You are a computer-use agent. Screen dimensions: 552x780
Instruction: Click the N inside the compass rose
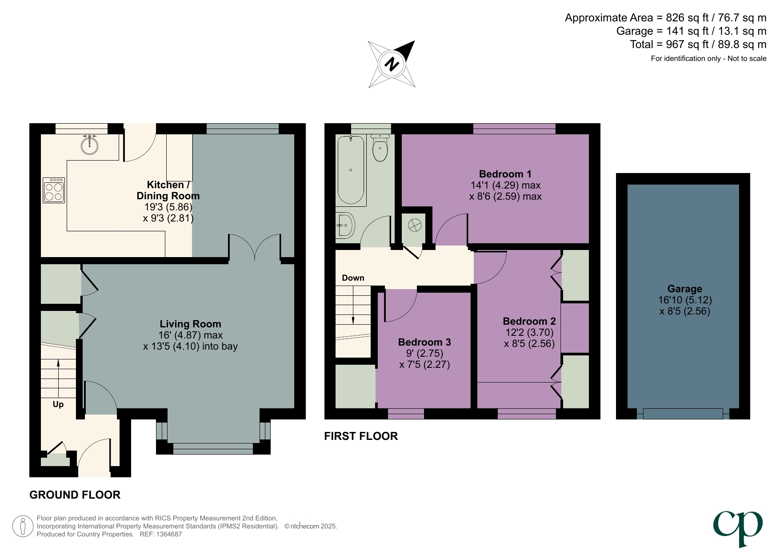pos(392,64)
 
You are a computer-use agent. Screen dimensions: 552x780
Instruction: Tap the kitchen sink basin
pos(90,145)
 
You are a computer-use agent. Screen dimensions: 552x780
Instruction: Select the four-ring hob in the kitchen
pos(54,190)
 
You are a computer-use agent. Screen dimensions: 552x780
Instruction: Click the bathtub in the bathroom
pos(351,170)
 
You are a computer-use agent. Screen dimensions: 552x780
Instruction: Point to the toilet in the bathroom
pos(380,149)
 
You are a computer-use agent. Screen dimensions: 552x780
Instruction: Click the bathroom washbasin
pos(345,226)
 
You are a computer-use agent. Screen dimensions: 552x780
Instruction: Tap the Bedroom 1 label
pos(505,174)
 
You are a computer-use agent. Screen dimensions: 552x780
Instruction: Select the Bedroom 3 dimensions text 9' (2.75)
pos(424,353)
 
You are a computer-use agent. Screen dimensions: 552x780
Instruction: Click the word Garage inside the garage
pos(684,289)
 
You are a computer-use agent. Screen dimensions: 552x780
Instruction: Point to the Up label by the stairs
pos(58,404)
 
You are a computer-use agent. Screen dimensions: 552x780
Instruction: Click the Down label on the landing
pos(353,278)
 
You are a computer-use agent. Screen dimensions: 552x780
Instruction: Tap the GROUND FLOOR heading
pos(75,495)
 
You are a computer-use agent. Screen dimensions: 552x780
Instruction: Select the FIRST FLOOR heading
pos(361,436)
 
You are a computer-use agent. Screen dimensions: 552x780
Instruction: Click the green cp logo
pos(738,527)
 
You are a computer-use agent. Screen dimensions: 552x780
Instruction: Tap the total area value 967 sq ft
pos(687,44)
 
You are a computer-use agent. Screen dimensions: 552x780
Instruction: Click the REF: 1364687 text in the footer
pos(160,534)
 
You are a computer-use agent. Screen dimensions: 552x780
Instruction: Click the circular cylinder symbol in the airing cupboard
pos(414,225)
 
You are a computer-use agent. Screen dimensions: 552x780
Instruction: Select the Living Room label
pos(190,324)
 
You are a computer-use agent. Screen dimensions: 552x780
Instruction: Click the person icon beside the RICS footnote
pos(23,526)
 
